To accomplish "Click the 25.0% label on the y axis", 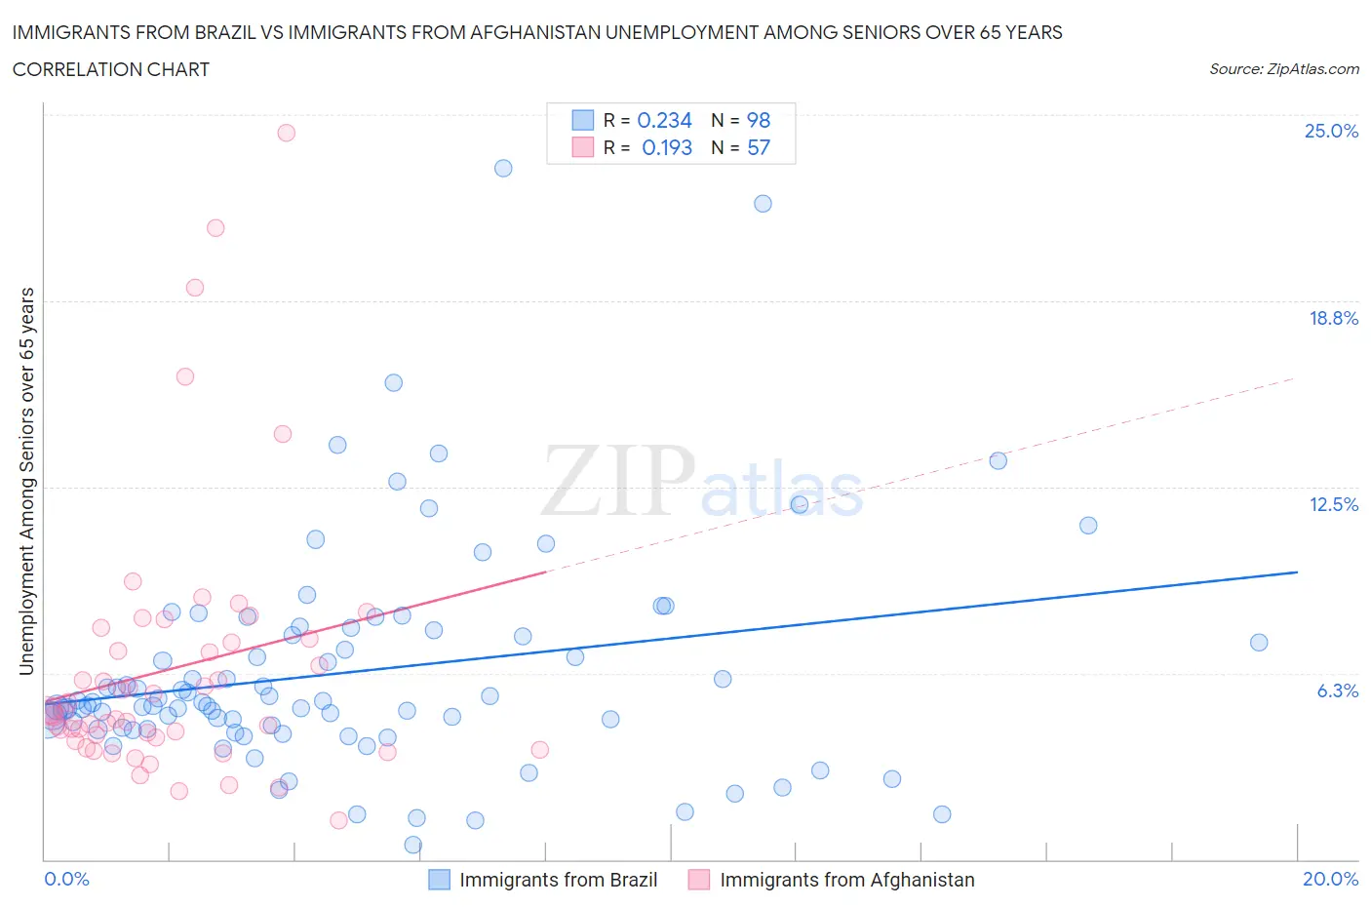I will [1331, 131].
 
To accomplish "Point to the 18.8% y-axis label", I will [1333, 318].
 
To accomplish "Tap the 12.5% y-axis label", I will [1333, 504].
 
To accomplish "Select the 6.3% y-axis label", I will [1337, 690].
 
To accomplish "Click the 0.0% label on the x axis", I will [66, 879].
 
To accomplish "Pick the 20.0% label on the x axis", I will [1330, 879].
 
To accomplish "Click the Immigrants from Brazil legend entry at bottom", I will [558, 880].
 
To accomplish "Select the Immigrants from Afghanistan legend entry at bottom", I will [846, 880].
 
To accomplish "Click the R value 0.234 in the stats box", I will [664, 120].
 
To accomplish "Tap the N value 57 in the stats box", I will [758, 147].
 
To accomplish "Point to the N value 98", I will [758, 120].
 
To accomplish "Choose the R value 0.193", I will [667, 147].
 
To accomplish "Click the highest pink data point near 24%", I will [286, 133].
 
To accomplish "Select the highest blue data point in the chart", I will [503, 168].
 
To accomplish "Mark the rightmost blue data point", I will [1259, 642].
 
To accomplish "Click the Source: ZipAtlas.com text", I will [1283, 68].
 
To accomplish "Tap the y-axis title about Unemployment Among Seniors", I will [26, 481].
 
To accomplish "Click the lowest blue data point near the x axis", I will [413, 845].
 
